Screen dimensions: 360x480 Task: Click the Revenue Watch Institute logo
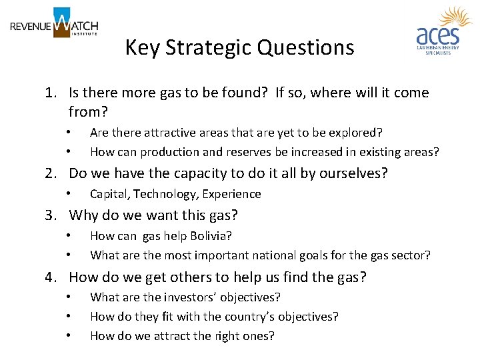pyautogui.click(x=54, y=24)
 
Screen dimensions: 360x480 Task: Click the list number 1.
pyautogui.click(x=51, y=93)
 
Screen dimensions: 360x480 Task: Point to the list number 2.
pyautogui.click(x=51, y=173)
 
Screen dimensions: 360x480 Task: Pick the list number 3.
pyautogui.click(x=51, y=215)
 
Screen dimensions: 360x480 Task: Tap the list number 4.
pyautogui.click(x=51, y=277)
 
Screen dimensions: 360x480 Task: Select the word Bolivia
pyautogui.click(x=211, y=236)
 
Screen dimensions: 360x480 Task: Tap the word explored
pyautogui.click(x=358, y=133)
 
